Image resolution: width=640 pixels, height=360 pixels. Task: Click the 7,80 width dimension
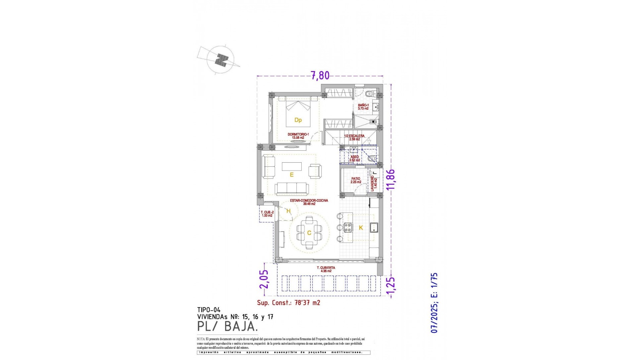pos(320,76)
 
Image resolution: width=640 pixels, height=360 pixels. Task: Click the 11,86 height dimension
pos(391,179)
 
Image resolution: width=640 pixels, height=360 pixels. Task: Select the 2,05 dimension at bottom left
pos(264,279)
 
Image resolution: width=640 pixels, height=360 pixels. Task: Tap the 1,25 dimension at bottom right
pos(391,286)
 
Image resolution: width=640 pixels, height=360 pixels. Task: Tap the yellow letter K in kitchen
pos(361,228)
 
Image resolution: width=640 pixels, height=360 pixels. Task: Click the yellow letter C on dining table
pos(309,233)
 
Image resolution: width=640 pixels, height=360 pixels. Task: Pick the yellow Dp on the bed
pos(298,120)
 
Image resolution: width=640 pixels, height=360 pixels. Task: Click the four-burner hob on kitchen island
pos(348,227)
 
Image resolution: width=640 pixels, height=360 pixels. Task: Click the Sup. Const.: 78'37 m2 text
pos(288,303)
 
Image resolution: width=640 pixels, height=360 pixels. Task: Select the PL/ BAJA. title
pos(228,326)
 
